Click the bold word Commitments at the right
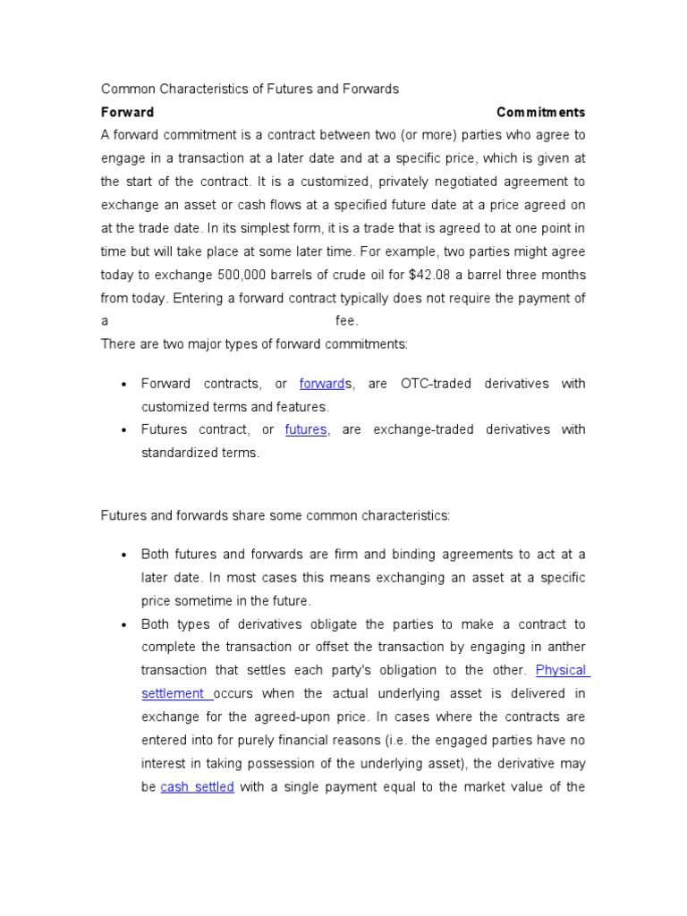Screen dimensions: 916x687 540,113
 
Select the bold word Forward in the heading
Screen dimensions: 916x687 127,113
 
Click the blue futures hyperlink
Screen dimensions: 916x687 306,429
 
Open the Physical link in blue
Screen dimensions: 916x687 561,670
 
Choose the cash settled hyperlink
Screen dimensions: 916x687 197,787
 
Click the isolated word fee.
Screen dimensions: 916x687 346,321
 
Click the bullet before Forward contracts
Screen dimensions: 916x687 123,385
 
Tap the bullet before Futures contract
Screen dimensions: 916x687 123,430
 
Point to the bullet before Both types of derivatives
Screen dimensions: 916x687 123,624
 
